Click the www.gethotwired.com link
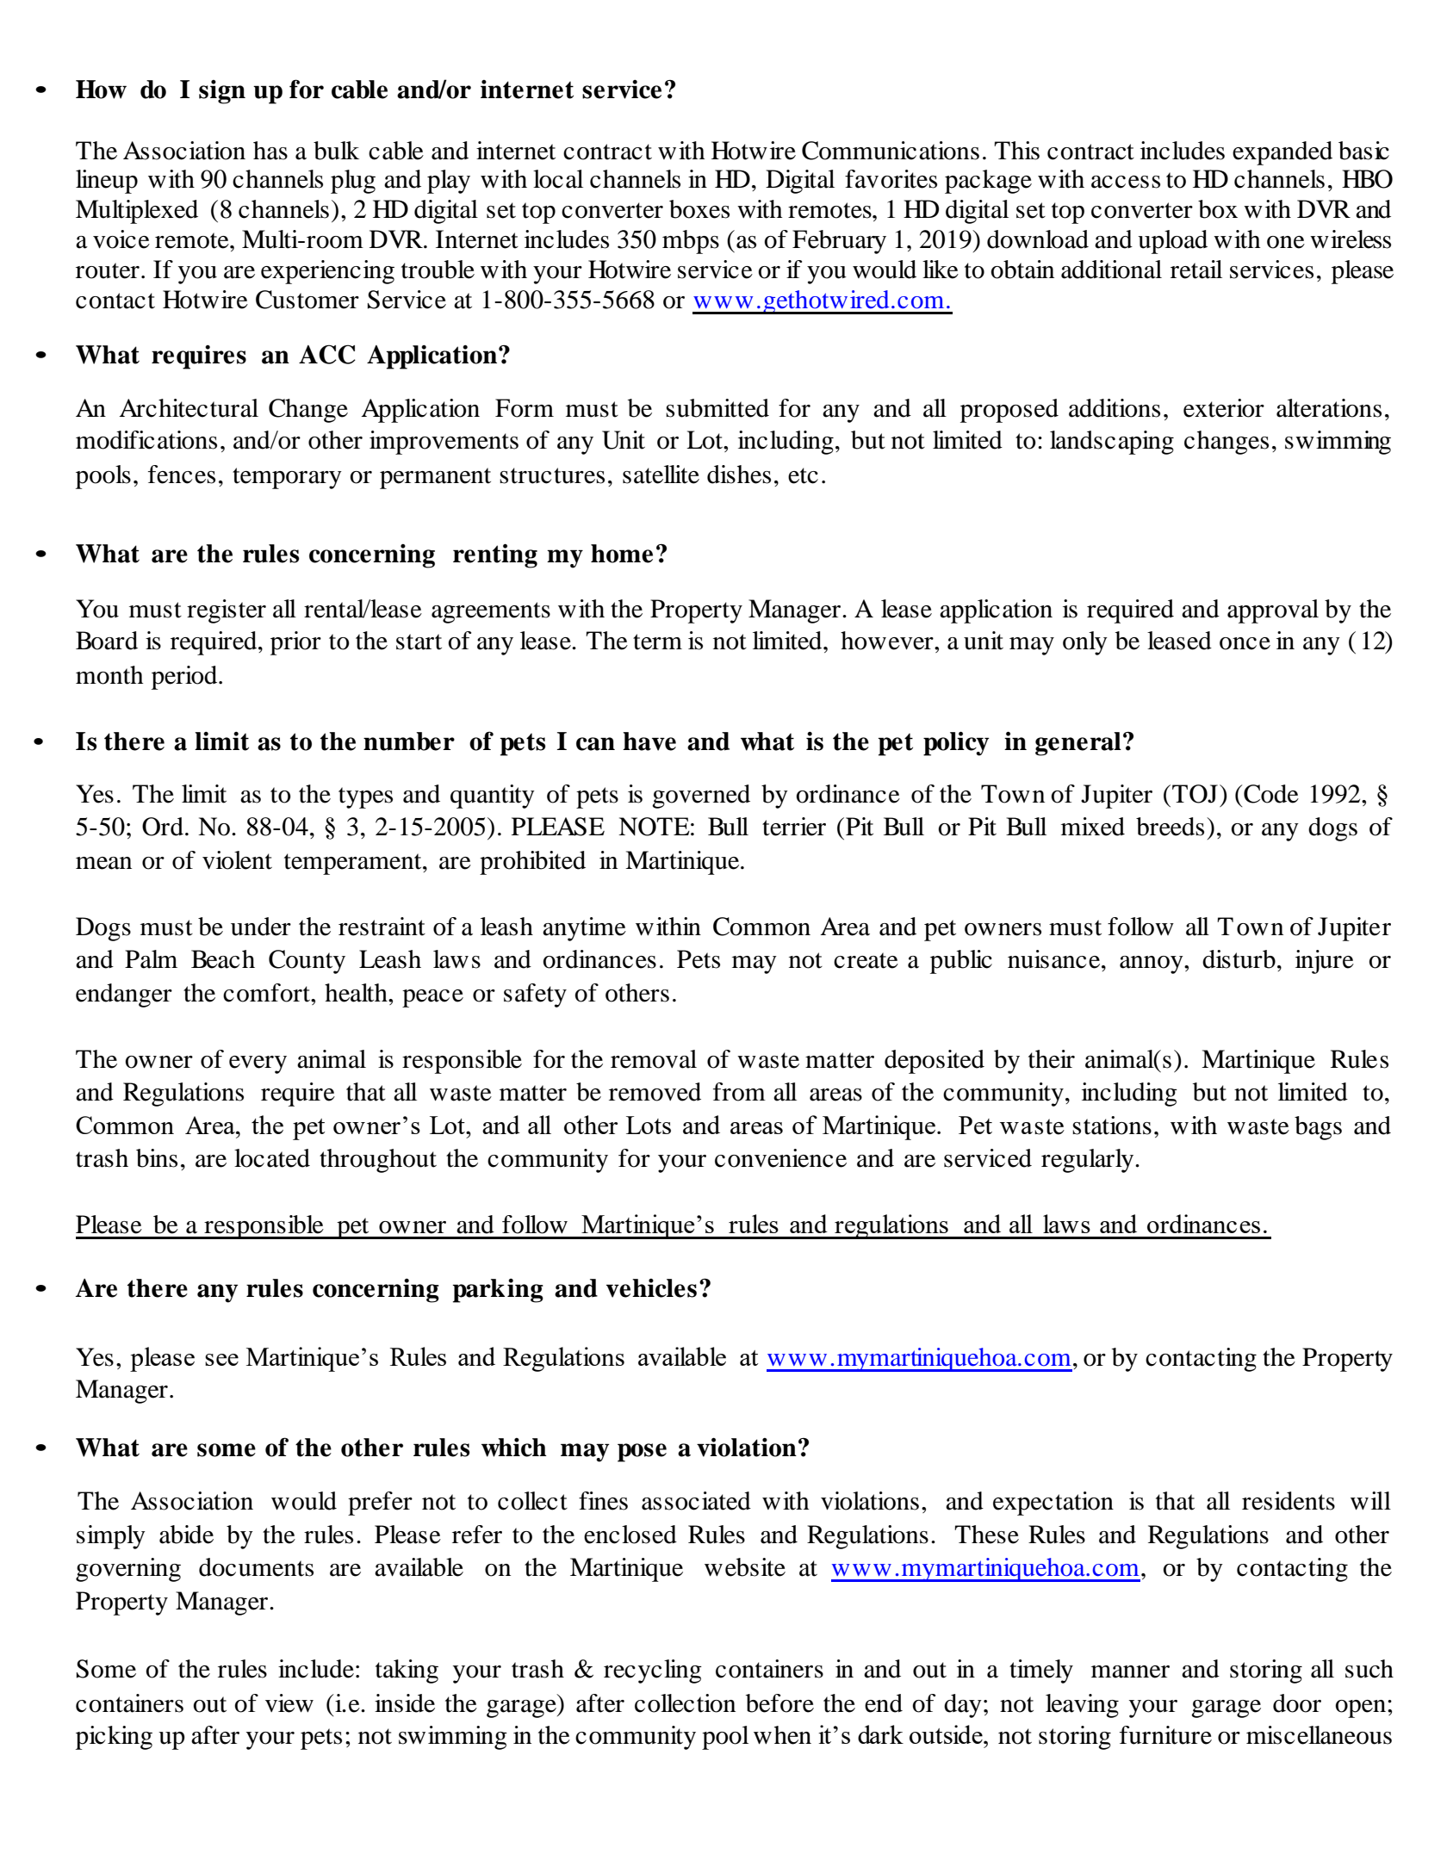tap(821, 301)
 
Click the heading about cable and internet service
tap(376, 90)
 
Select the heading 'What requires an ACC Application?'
tap(293, 355)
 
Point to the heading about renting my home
tap(371, 554)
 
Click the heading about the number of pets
tap(605, 741)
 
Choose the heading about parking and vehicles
tap(393, 1288)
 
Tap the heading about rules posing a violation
tap(443, 1448)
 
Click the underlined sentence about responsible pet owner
tap(672, 1225)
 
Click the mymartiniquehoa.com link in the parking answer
tap(918, 1358)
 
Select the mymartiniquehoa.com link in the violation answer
tap(984, 1568)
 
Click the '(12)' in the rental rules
tap(1371, 642)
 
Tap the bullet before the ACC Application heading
tap(40, 356)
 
